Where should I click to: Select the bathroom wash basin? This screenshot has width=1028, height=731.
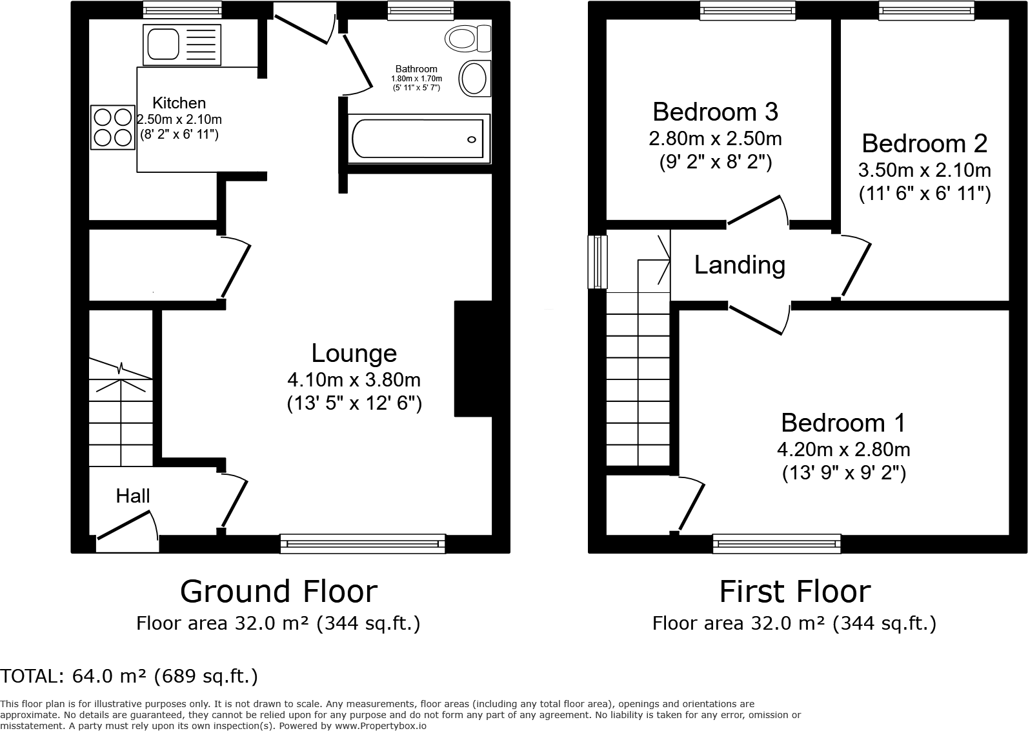[474, 79]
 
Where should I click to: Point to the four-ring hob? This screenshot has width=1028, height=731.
[112, 127]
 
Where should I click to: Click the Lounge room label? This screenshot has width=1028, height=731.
[354, 354]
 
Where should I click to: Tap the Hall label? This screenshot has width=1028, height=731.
[133, 496]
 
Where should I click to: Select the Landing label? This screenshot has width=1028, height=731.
[740, 265]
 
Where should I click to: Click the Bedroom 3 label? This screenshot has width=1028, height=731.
[715, 112]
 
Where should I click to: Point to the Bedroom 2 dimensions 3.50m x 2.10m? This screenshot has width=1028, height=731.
[924, 170]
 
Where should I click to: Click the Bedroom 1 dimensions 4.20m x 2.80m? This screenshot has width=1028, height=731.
[843, 449]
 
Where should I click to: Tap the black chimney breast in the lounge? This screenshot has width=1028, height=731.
[473, 359]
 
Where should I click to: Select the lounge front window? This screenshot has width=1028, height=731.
[363, 543]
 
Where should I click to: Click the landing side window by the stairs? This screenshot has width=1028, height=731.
[598, 261]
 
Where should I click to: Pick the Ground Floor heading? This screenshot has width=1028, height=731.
[278, 591]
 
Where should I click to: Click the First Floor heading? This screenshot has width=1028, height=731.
[794, 591]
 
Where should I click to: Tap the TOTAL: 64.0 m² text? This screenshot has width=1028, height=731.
[129, 676]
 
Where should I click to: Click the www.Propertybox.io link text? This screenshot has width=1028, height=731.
[380, 726]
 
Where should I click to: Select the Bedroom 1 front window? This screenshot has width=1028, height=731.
[776, 543]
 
